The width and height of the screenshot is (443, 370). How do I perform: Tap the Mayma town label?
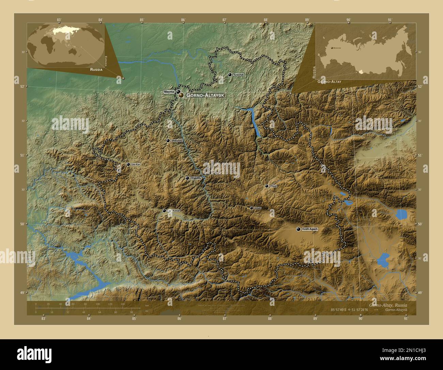(169, 92)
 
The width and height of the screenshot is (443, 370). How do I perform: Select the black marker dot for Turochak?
(230, 74)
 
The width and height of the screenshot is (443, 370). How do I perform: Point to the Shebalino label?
(177, 141)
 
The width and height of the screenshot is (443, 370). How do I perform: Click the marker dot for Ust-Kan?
(128, 165)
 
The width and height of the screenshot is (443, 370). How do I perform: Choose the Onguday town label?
(196, 178)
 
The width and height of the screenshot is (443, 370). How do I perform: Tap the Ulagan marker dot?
(266, 186)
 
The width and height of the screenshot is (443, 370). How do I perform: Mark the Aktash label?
(257, 208)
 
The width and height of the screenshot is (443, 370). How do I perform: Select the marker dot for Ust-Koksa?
(164, 211)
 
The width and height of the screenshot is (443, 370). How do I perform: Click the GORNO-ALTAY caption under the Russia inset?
(329, 82)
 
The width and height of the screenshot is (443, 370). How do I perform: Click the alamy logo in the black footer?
(34, 353)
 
